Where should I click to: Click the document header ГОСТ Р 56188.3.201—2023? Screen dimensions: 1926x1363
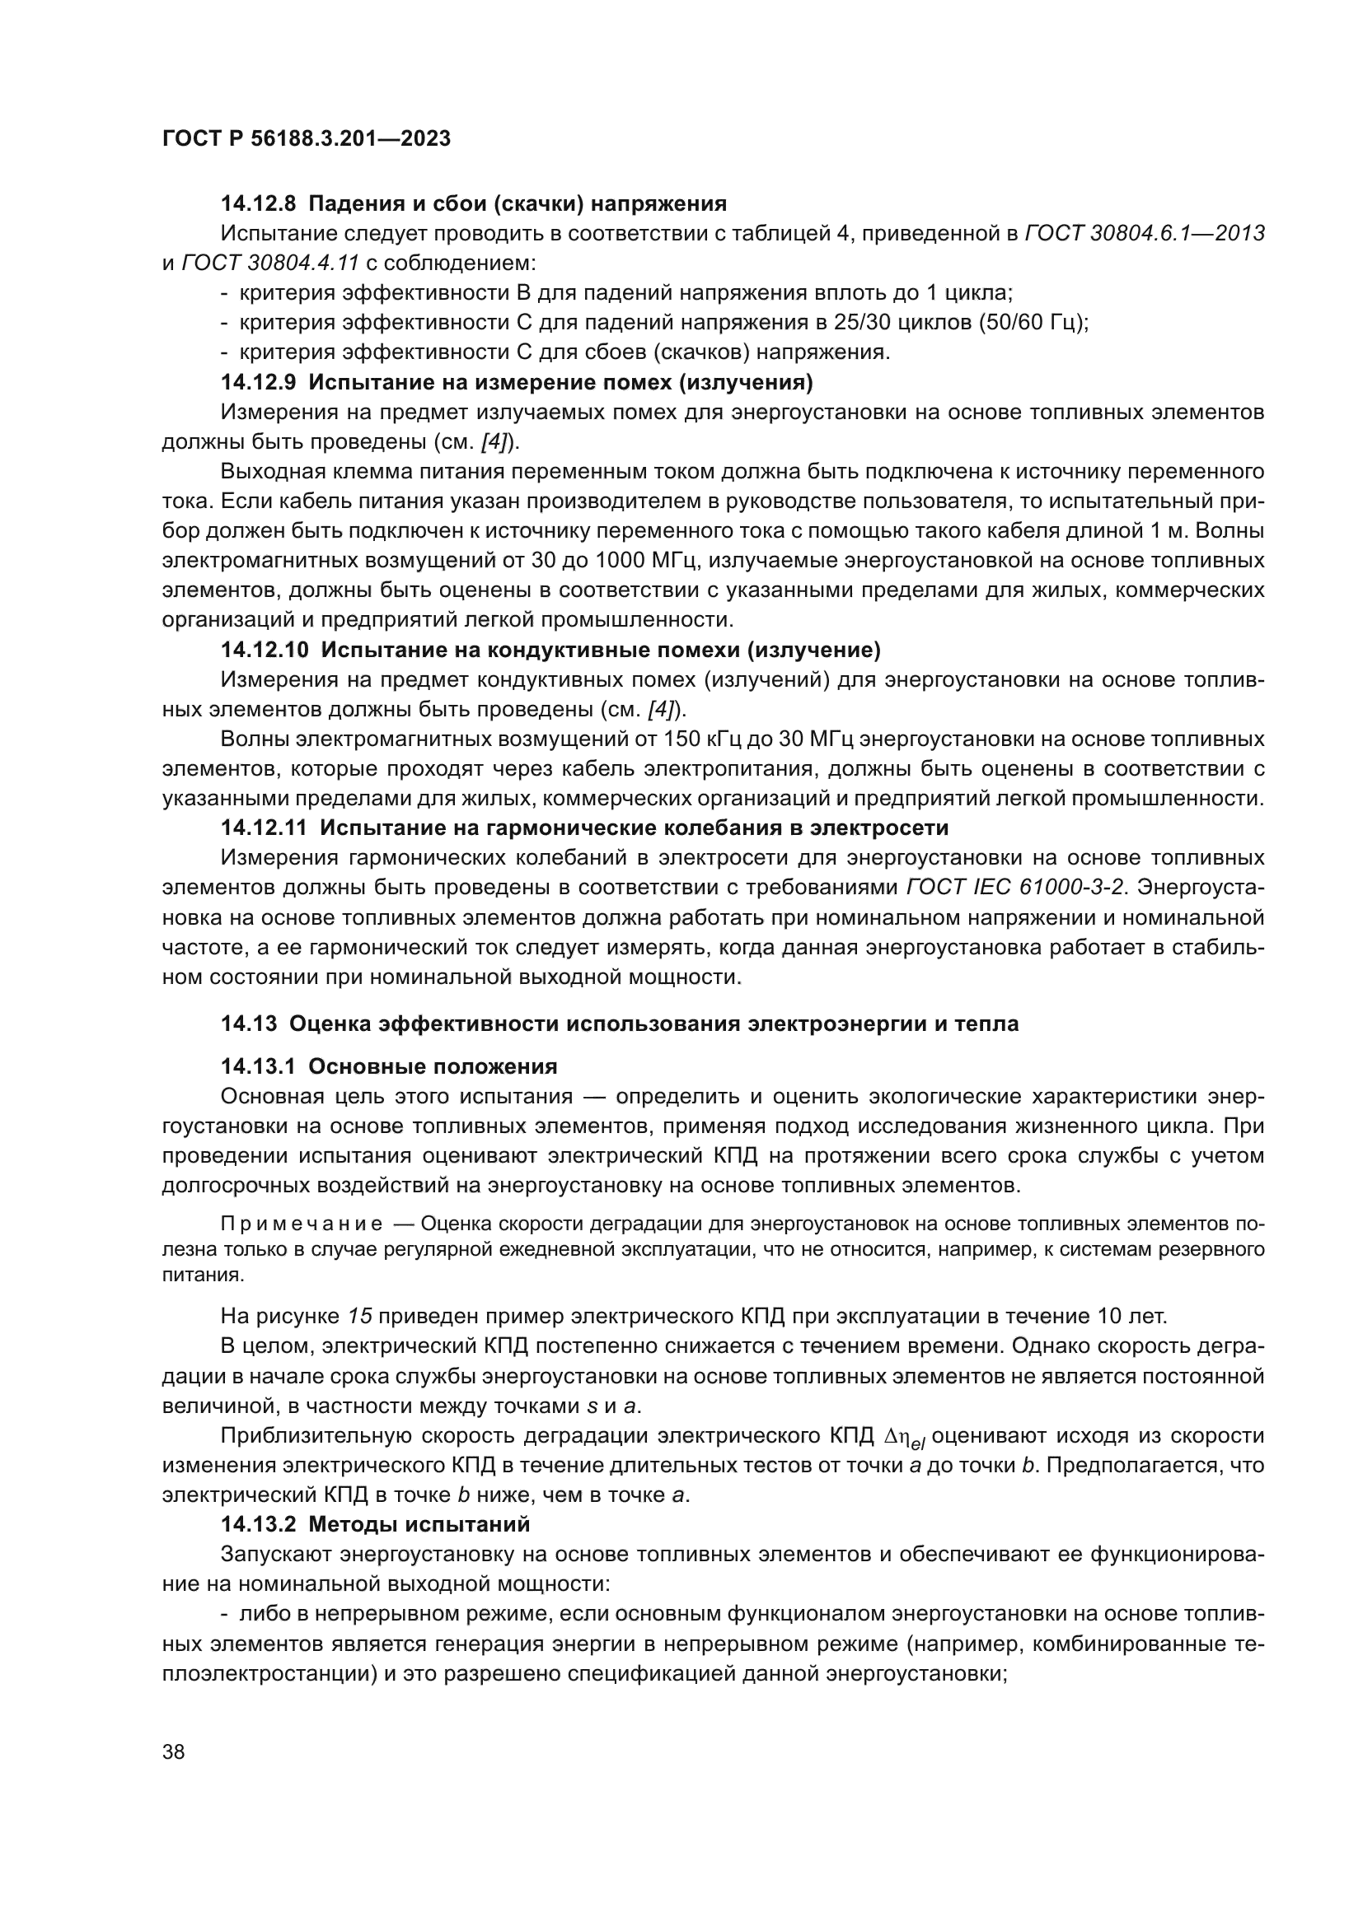pyautogui.click(x=307, y=138)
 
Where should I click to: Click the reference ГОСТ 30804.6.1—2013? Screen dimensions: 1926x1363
pyautogui.click(x=1145, y=234)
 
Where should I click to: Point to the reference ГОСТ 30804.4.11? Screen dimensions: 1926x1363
pyautogui.click(x=270, y=263)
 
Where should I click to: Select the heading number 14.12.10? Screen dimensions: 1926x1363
pyautogui.click(x=266, y=651)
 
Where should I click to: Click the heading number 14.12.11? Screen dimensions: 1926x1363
pyautogui.click(x=266, y=828)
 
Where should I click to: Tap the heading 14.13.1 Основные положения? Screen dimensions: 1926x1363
pyautogui.click(x=390, y=1067)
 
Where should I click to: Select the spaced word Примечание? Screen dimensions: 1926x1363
pyautogui.click(x=302, y=1224)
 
